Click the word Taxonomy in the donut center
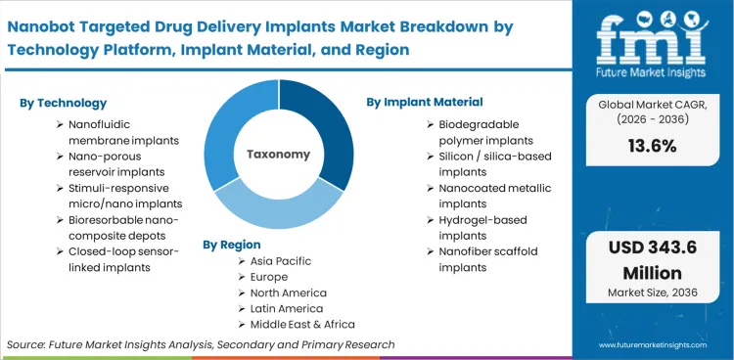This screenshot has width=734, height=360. [278, 154]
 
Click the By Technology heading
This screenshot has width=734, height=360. [63, 103]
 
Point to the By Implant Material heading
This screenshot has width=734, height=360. [425, 102]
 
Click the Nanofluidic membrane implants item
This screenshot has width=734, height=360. [123, 133]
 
